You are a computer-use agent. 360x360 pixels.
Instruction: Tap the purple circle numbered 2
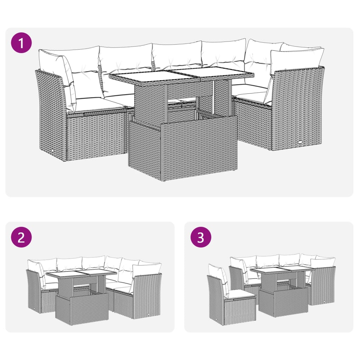tap(21, 238)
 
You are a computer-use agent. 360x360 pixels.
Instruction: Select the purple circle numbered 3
tap(201, 238)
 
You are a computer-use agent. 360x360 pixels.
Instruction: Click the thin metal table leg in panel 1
tap(214, 100)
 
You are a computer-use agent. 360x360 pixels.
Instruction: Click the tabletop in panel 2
tap(81, 274)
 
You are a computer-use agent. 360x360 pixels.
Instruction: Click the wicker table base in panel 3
tap(283, 302)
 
